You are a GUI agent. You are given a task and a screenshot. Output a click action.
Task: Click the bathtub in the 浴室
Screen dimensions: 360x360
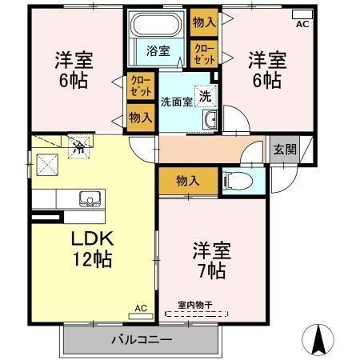(156, 24)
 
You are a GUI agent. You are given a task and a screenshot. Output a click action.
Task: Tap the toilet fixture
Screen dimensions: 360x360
(238, 182)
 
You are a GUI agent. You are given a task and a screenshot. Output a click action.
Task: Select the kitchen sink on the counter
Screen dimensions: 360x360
(90, 198)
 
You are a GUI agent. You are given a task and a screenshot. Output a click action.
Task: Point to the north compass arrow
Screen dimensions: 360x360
(318, 340)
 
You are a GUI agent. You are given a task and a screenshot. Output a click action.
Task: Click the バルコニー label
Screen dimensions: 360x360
(142, 340)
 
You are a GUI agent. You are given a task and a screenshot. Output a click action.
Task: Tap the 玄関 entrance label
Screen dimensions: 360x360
(285, 150)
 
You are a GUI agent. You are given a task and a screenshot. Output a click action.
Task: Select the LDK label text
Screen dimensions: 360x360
(92, 238)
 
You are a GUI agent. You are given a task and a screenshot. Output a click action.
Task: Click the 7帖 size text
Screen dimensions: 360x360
(212, 271)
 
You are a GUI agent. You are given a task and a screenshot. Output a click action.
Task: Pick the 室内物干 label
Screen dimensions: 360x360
(195, 305)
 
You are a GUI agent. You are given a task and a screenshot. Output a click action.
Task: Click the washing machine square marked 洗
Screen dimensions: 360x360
(206, 96)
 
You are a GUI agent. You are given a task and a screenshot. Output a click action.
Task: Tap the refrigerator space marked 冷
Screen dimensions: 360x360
(78, 148)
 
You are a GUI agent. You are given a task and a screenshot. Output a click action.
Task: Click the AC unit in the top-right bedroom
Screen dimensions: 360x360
(302, 14)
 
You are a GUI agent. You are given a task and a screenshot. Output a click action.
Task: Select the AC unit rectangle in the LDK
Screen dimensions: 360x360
(141, 316)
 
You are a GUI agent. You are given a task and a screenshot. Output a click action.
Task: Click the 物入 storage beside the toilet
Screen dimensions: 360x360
(188, 182)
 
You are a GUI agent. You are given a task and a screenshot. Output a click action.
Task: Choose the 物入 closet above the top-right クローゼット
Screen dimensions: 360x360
(204, 22)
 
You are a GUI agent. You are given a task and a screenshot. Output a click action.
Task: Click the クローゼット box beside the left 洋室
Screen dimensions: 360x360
(141, 86)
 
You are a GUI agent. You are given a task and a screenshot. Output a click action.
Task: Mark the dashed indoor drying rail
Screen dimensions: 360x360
(197, 314)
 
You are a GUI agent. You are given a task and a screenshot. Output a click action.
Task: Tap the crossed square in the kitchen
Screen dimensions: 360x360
(47, 165)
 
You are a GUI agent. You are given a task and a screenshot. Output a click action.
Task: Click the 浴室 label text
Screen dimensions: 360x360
(158, 50)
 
